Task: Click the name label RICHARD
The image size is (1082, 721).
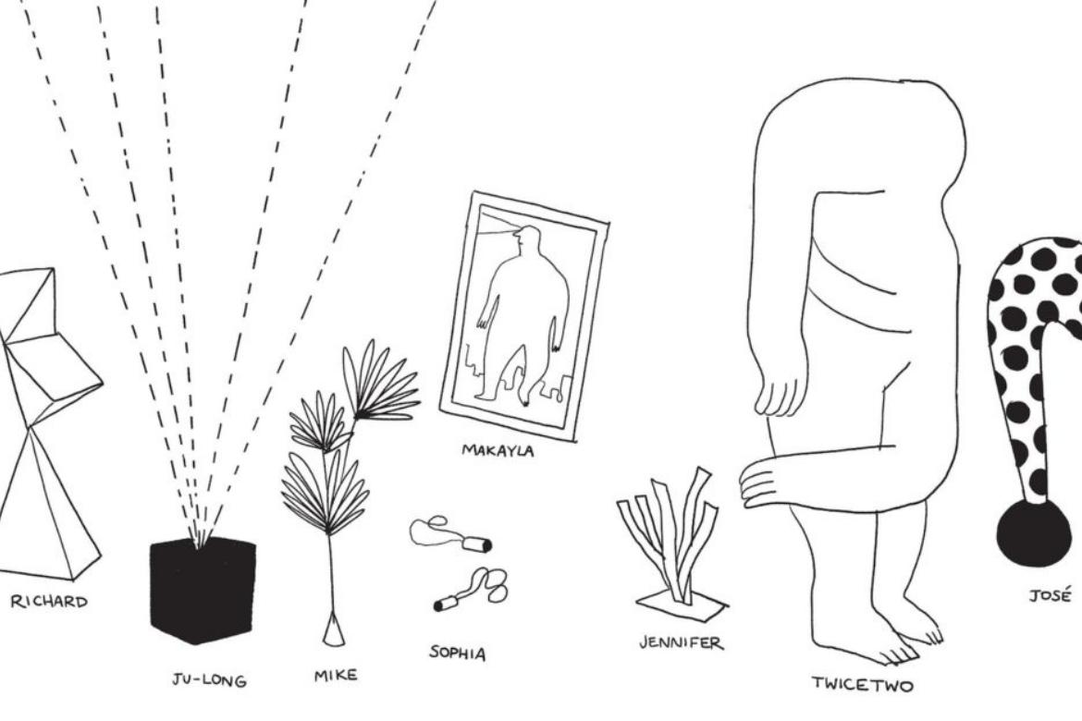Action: click(49, 602)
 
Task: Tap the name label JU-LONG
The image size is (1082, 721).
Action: click(209, 680)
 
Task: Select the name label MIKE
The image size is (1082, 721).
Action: click(336, 676)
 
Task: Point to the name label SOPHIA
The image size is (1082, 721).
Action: click(458, 653)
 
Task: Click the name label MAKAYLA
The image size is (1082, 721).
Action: click(498, 450)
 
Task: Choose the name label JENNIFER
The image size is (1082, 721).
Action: click(681, 642)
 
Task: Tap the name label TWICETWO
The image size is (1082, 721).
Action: click(862, 684)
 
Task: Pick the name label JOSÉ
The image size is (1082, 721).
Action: click(1050, 594)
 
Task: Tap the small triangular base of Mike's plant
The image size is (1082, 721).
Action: click(333, 630)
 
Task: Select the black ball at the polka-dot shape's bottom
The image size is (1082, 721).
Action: click(1033, 532)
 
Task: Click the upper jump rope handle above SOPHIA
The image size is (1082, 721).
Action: click(476, 545)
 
